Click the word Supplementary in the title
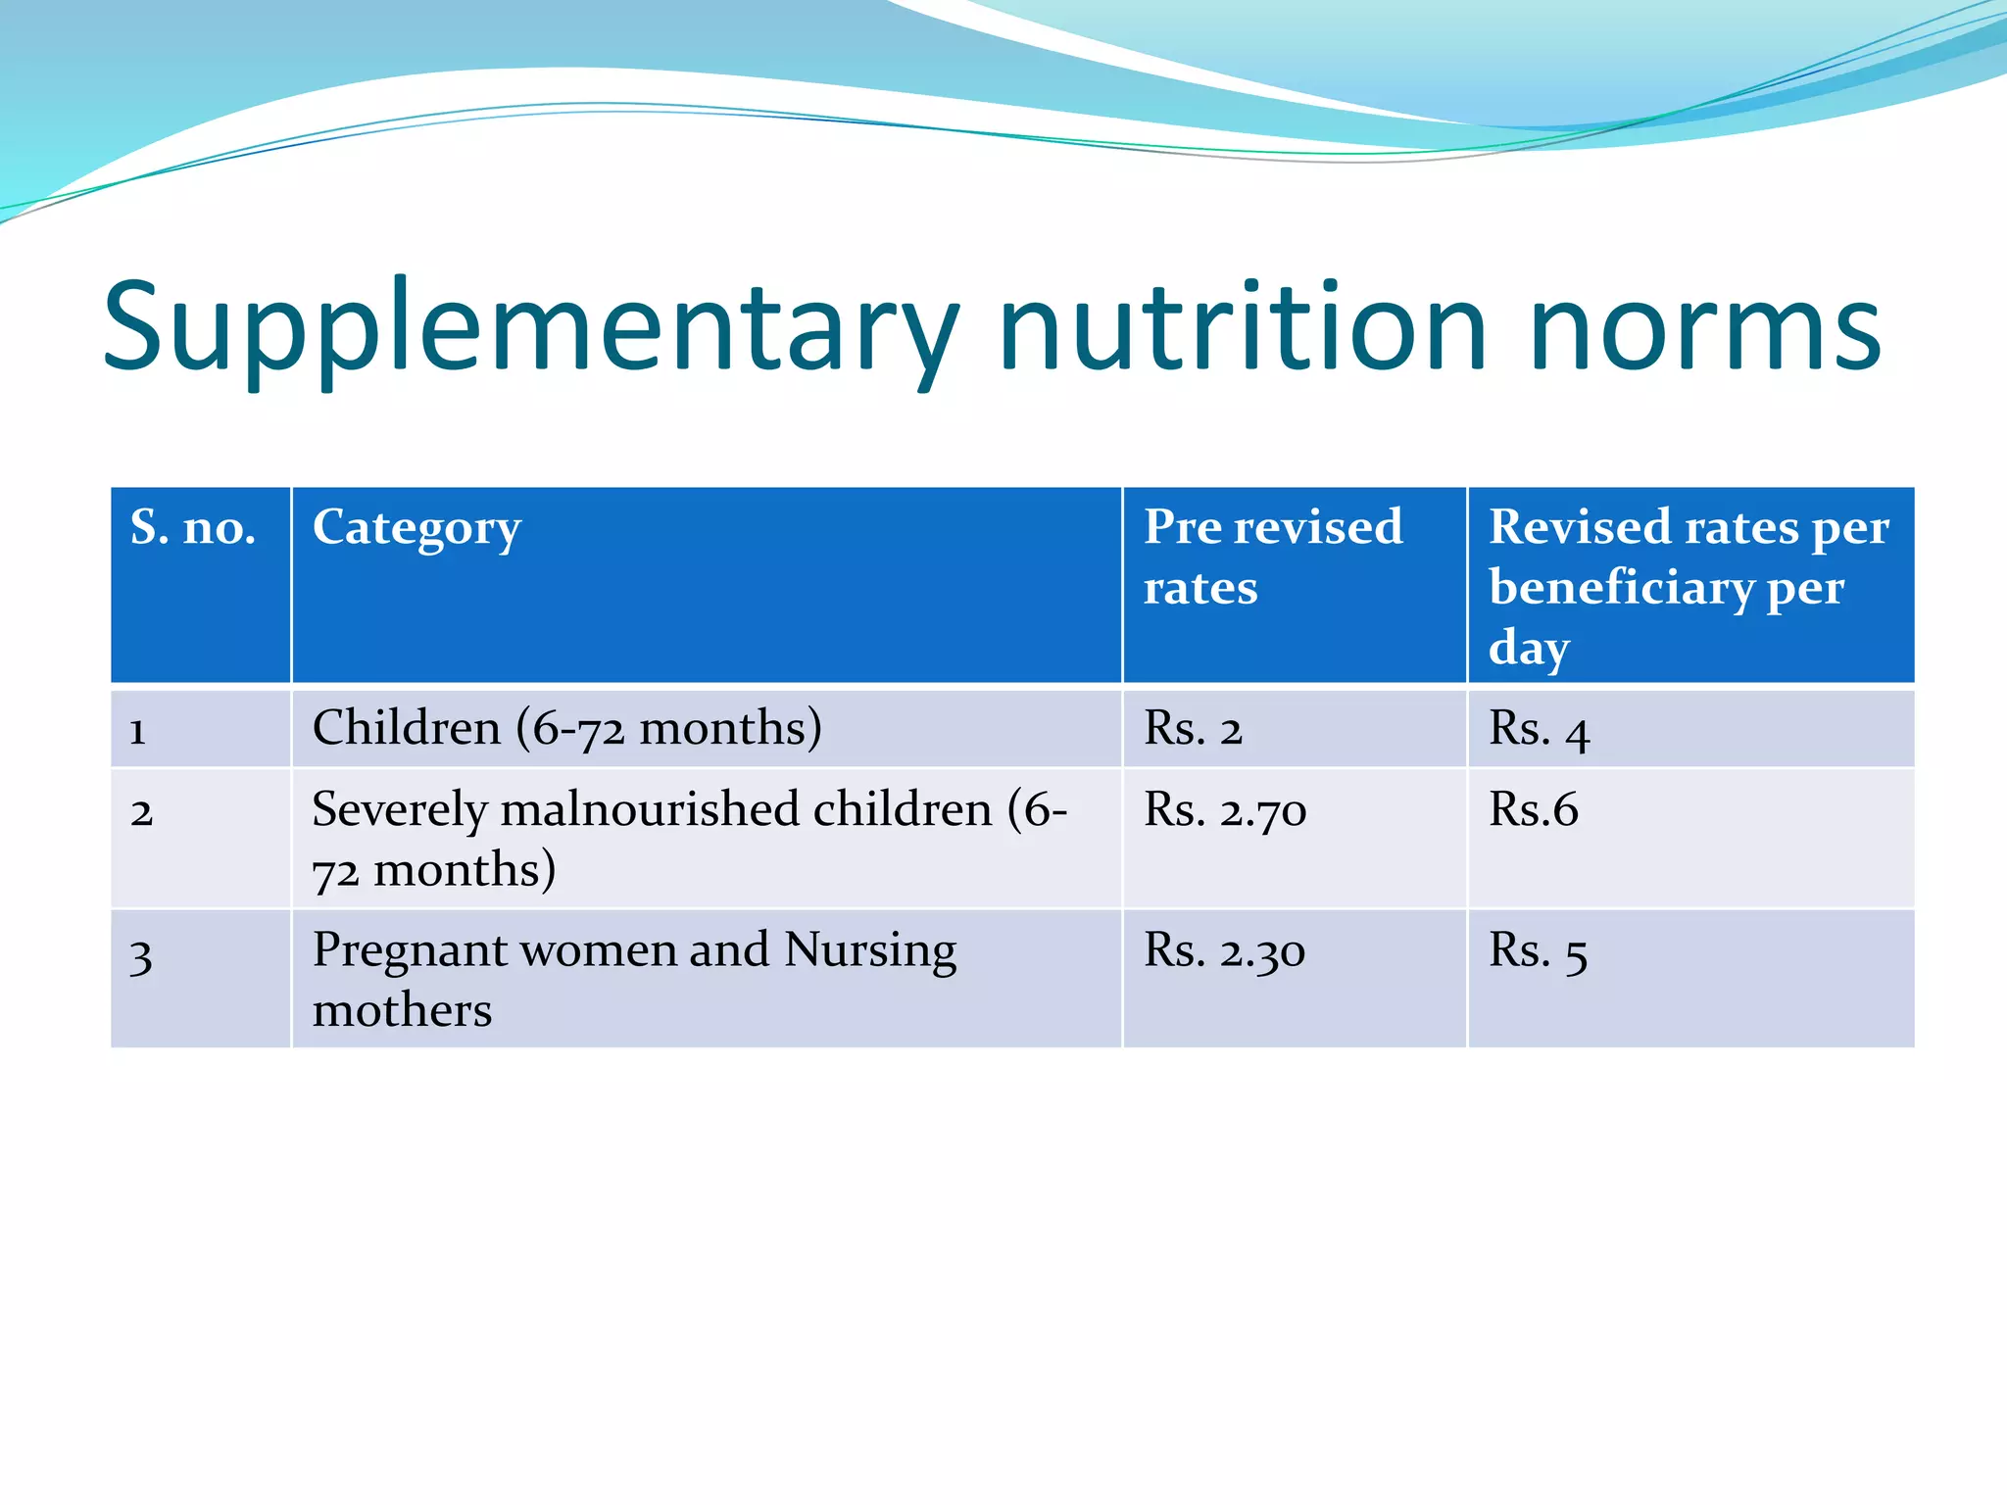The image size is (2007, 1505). (x=529, y=328)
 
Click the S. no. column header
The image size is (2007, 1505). (x=193, y=528)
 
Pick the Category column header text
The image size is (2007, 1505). (x=416, y=529)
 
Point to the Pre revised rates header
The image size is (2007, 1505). (x=1272, y=557)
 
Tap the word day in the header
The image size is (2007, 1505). (x=1529, y=648)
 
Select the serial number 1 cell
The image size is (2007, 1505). (x=138, y=731)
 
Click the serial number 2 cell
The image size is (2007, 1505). (x=142, y=812)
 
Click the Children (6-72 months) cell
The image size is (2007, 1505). (x=566, y=729)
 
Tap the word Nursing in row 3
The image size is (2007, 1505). (x=870, y=950)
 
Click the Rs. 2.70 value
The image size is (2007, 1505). (x=1225, y=811)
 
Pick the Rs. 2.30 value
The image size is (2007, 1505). (x=1224, y=951)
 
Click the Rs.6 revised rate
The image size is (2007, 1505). (x=1534, y=810)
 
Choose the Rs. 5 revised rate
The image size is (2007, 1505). (x=1538, y=951)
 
